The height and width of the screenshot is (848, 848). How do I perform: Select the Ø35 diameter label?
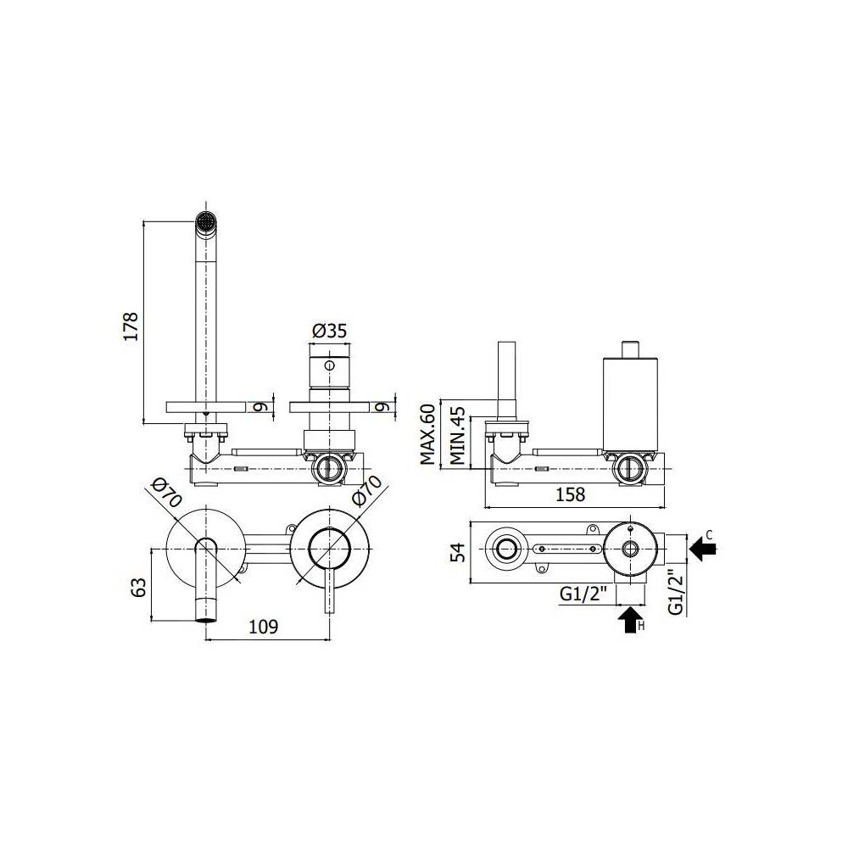pyautogui.click(x=329, y=332)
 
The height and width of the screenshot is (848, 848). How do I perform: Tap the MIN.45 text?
pyautogui.click(x=457, y=435)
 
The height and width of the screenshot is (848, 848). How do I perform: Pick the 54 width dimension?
pyautogui.click(x=456, y=552)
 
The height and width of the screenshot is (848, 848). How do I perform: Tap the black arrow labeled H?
pyautogui.click(x=629, y=621)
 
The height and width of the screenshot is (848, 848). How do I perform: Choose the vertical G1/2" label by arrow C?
pyautogui.click(x=675, y=590)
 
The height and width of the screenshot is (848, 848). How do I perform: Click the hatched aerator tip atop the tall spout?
pyautogui.click(x=204, y=221)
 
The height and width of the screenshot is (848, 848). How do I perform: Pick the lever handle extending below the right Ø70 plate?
pyautogui.click(x=329, y=594)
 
